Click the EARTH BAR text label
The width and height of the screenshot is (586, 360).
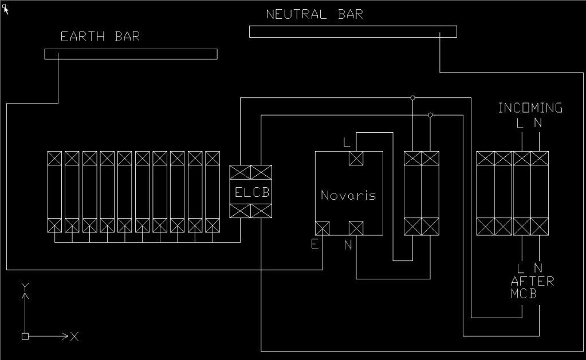[x=100, y=37]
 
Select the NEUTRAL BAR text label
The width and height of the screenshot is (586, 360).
[x=314, y=14]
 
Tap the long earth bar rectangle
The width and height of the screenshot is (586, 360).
[x=131, y=54]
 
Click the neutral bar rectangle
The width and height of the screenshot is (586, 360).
[x=353, y=31]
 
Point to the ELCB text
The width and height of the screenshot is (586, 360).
[x=251, y=192]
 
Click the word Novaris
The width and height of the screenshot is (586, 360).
[x=348, y=195]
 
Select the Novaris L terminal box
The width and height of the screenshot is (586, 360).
[x=356, y=158]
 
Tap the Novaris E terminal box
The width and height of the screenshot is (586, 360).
[x=323, y=228]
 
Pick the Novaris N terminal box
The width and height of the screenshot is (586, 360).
[x=356, y=228]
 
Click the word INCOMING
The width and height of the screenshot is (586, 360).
[x=530, y=108]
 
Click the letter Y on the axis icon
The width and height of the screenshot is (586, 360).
[x=25, y=286]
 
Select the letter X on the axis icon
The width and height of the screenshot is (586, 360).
[x=74, y=336]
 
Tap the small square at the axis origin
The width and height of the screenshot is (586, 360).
[x=25, y=336]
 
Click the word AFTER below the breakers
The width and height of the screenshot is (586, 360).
[x=532, y=281]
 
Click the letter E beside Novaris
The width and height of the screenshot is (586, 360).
[x=314, y=244]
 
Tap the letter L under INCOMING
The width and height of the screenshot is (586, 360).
[x=521, y=122]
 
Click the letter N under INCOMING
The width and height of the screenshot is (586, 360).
[x=538, y=122]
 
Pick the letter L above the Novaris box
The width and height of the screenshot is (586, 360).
[x=346, y=141]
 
